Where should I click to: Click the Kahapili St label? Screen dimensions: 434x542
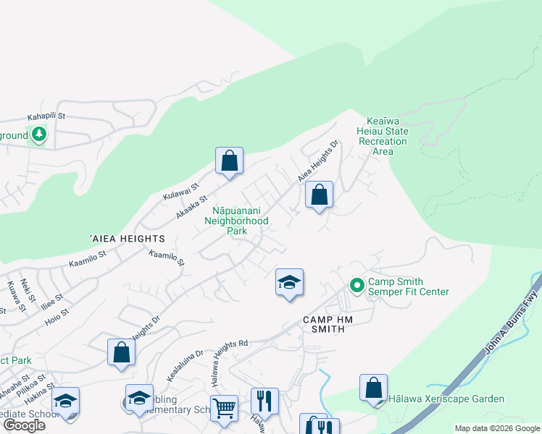46,116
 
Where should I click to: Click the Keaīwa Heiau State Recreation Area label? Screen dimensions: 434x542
382,136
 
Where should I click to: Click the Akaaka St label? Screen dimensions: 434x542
193,207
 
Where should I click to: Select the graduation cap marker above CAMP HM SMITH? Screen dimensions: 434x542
289,283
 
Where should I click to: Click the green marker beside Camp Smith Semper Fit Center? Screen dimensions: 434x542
357,285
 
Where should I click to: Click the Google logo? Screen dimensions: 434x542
23,425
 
